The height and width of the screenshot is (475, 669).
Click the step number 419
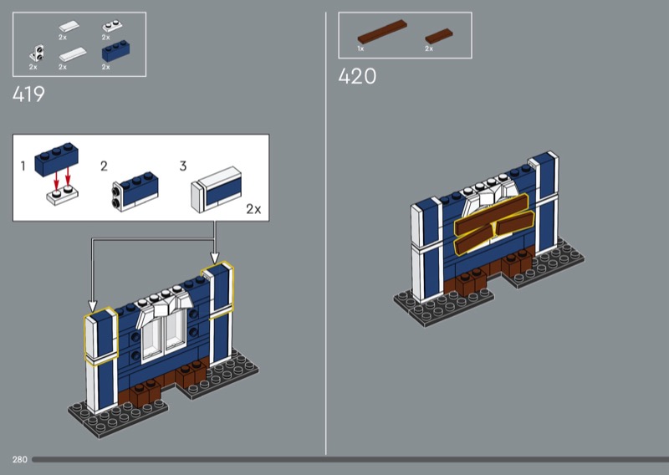tap(28, 94)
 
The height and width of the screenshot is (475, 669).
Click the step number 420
tap(357, 76)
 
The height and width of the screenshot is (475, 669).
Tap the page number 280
tap(19, 460)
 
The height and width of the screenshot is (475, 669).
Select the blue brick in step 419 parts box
tap(115, 51)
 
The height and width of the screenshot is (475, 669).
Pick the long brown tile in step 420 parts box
tap(382, 32)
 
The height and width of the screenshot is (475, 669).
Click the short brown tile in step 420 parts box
tap(438, 36)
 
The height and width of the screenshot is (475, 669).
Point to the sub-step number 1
tap(23, 166)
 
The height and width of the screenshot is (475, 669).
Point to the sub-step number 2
tap(104, 166)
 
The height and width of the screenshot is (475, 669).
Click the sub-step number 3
tap(183, 166)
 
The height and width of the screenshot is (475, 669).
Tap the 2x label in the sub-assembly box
tap(253, 209)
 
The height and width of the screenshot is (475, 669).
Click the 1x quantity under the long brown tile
tap(360, 49)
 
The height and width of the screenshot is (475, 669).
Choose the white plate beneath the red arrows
tap(62, 197)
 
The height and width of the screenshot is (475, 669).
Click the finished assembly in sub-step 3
tap(217, 189)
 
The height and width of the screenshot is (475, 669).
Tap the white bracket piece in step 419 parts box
tap(36, 54)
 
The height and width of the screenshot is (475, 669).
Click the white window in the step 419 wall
tap(164, 332)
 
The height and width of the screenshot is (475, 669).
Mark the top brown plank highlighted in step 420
tap(492, 215)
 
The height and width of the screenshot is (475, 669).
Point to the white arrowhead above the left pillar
tap(92, 306)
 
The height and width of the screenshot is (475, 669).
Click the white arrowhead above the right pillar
tap(215, 258)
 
